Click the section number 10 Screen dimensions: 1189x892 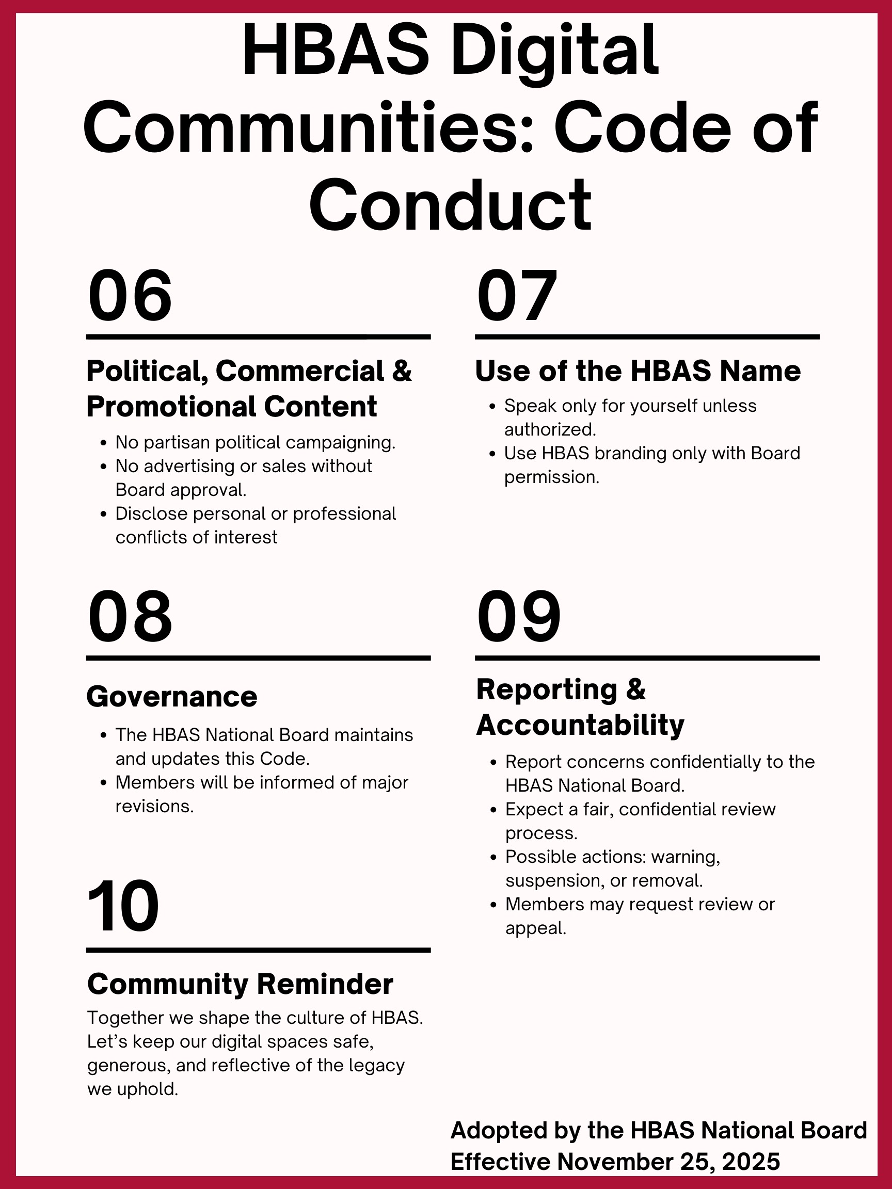123,907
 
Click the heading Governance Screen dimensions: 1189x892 171,697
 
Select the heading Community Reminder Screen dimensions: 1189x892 240,984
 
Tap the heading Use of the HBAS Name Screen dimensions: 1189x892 638,371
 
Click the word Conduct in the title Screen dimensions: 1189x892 450,205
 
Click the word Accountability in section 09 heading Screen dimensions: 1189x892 580,725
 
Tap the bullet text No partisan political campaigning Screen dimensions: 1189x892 256,442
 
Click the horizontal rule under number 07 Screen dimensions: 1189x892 647,337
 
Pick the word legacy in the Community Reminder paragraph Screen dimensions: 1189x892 377,1065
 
